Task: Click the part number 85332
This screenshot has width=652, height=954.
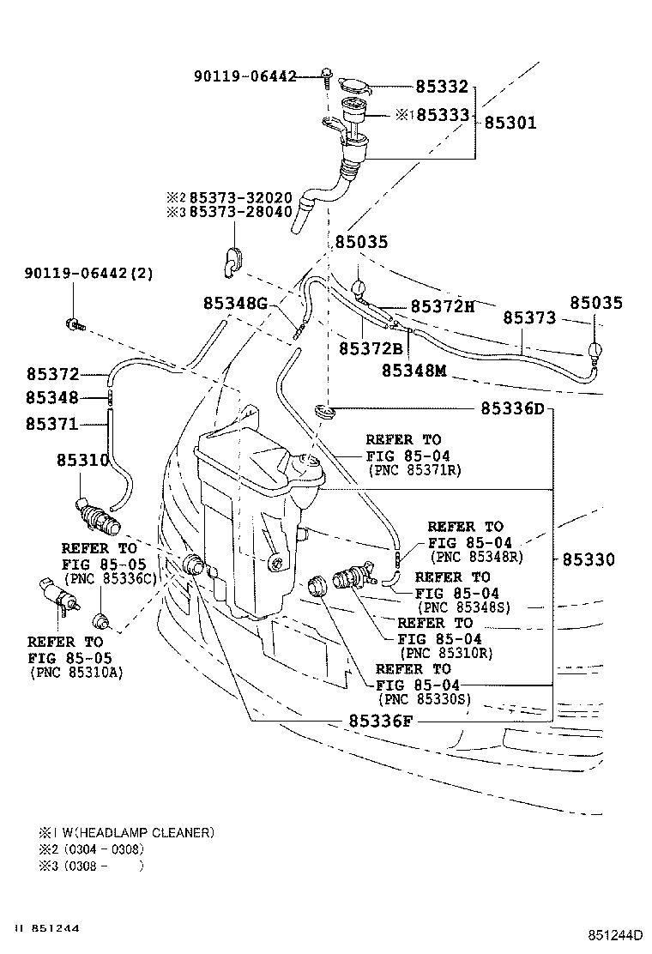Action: pos(442,87)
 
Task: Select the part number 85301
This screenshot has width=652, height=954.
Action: pos(510,123)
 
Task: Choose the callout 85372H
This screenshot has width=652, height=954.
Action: pos(442,306)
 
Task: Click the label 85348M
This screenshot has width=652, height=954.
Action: pos(415,371)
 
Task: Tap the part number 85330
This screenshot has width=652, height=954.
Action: pos(589,559)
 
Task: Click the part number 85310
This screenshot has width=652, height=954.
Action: pos(83,460)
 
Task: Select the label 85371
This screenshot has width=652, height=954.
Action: pos(51,424)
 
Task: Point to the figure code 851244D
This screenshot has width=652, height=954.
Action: pos(616,933)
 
